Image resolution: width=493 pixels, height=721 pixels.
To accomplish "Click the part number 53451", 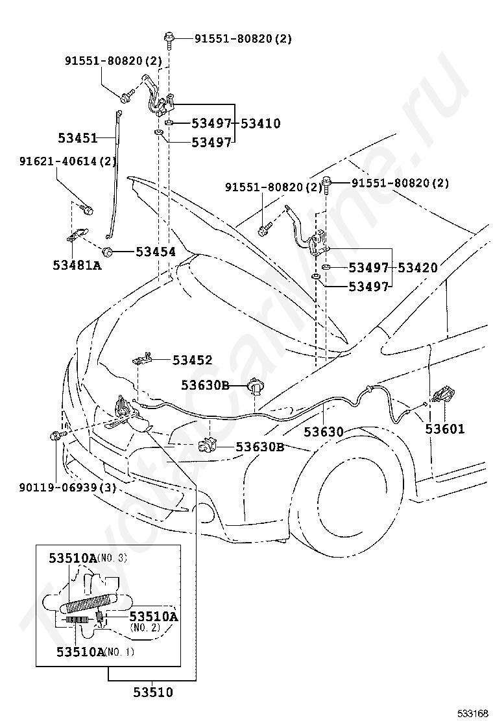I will tap(77, 138).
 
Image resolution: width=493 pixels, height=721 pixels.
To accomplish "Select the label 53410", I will tap(261, 123).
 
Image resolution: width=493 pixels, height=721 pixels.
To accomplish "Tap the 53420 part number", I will tap(417, 267).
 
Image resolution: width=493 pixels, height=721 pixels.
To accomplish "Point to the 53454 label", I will tap(156, 252).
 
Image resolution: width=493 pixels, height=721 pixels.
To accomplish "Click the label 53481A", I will tap(77, 265).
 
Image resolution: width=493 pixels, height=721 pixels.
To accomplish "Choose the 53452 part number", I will tap(192, 360).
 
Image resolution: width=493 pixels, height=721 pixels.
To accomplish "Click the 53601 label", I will tap(445, 429).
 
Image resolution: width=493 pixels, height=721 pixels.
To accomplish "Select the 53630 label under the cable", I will tap(324, 431).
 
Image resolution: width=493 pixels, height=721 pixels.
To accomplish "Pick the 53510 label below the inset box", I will tap(153, 692).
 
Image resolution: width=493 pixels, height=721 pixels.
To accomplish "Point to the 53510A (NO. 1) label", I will tap(95, 651).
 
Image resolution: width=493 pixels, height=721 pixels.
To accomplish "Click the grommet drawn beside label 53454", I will tap(108, 251).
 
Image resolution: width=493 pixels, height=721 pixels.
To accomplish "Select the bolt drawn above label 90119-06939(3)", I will tap(54, 436).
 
